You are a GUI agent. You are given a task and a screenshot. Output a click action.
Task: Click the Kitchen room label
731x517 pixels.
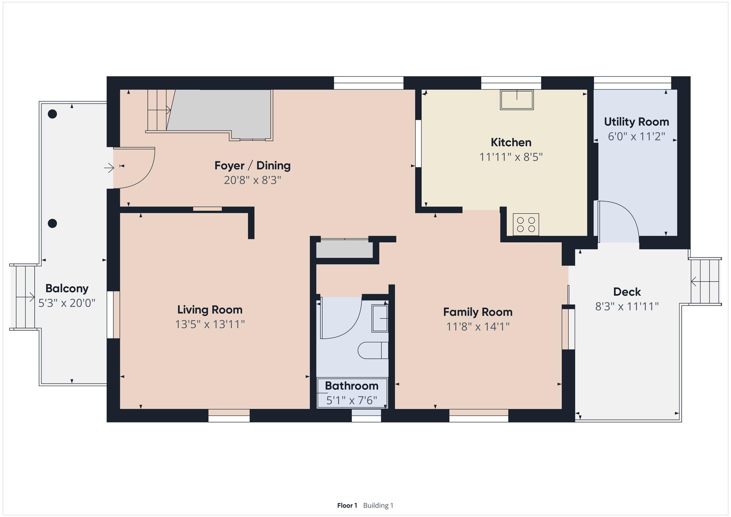511,142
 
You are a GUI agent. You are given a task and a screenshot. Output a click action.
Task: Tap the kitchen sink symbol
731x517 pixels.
517,100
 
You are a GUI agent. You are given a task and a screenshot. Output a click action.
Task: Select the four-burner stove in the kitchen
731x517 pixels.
526,224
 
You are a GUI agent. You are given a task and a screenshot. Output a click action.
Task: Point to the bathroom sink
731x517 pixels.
380,318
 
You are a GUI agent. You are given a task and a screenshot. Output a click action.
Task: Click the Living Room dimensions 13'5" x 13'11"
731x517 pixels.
210,324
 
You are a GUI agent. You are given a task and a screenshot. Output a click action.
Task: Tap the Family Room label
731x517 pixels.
478,312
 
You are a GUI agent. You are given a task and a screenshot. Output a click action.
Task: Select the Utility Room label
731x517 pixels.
636,122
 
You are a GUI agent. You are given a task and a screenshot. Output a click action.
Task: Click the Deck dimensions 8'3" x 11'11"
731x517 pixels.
627,306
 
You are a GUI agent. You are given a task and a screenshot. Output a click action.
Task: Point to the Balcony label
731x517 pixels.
67,288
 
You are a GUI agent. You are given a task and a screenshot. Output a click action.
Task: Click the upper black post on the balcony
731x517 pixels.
53,114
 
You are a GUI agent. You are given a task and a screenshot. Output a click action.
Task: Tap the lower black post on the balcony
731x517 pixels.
53,223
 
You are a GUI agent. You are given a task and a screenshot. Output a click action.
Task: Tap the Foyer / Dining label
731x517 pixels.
253,166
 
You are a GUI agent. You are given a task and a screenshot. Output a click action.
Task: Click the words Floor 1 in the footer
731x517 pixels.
347,505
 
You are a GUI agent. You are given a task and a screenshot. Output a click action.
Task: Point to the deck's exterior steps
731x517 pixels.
705,282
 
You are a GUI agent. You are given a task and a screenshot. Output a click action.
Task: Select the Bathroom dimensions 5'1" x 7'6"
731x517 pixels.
352,400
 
